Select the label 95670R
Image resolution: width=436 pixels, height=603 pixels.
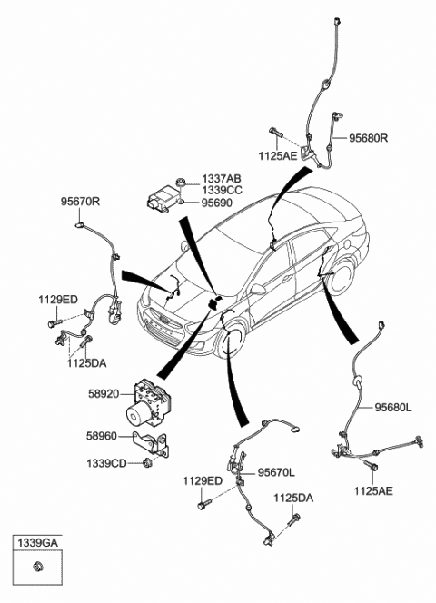coord(81,203)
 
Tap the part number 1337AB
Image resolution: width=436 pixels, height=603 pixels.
coord(222,179)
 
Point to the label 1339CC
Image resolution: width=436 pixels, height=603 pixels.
coord(222,191)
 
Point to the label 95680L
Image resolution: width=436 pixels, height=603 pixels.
coord(393,409)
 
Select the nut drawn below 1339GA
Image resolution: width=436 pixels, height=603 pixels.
coord(37,569)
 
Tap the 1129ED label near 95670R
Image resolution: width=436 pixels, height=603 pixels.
coord(58,299)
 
